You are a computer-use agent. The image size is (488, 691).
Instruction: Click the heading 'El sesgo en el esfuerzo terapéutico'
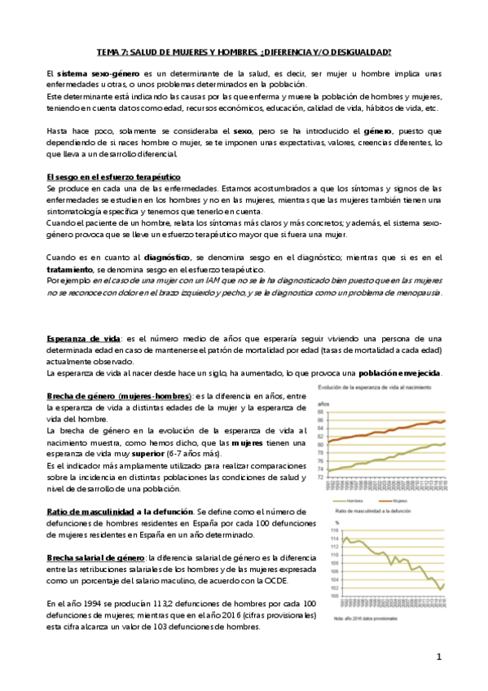click(113, 177)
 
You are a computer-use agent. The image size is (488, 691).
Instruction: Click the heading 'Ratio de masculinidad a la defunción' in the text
click(120, 509)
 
